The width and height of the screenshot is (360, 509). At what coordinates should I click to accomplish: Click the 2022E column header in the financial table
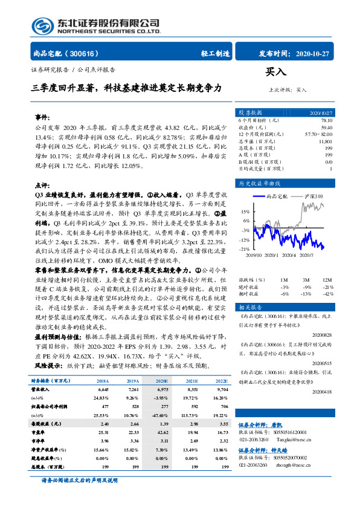[x=222, y=381]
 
